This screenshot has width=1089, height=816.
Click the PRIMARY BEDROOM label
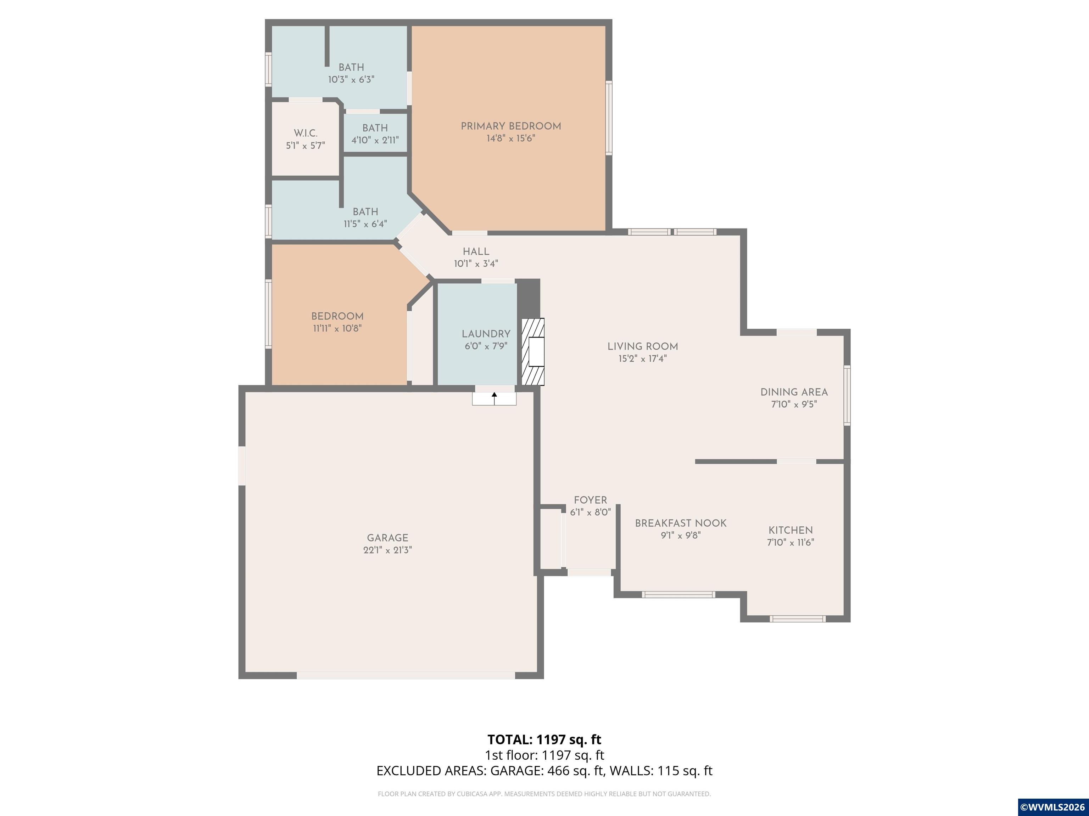(x=510, y=126)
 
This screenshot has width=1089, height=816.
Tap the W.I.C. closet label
(x=305, y=133)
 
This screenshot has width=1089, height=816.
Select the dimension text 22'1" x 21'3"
(x=387, y=550)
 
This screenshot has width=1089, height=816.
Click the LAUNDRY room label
(x=486, y=334)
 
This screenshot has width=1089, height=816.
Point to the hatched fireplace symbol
(x=533, y=352)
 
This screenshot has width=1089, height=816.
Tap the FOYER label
(x=590, y=500)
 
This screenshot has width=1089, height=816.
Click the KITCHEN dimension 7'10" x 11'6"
(x=790, y=543)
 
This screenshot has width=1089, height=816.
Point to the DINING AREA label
(x=794, y=392)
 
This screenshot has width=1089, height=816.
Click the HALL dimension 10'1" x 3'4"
(x=476, y=263)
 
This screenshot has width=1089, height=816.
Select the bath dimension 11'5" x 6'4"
(x=365, y=224)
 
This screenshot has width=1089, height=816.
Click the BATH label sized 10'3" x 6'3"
(x=351, y=67)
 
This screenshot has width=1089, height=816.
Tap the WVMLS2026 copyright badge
(x=1052, y=807)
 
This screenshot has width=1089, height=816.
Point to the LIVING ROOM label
(x=642, y=346)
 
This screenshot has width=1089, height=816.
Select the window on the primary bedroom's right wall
(x=609, y=118)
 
